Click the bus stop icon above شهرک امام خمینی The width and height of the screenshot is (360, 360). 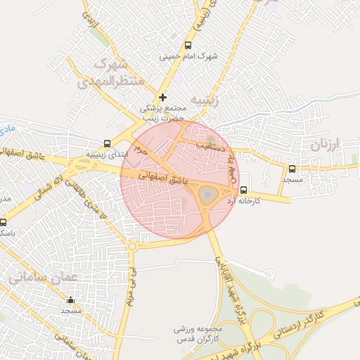tap(187, 45)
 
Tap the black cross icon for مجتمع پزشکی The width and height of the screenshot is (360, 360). tap(163, 97)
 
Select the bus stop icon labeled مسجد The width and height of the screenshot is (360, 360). tap(292, 169)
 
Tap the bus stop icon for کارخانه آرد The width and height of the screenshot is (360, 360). tap(243, 190)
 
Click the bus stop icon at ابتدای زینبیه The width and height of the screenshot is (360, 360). tap(107, 142)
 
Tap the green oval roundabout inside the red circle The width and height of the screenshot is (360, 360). tap(206, 195)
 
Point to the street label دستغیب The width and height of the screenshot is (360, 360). tap(210, 147)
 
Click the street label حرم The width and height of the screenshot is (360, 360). tap(142, 150)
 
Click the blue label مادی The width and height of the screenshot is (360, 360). tap(8, 129)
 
